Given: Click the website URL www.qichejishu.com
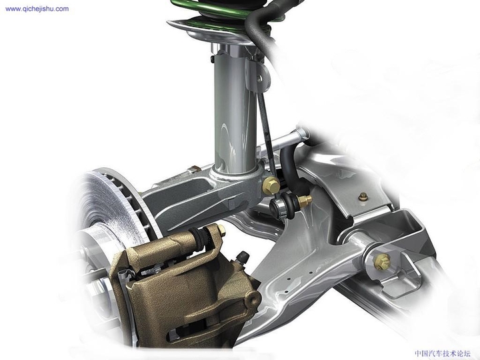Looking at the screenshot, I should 36,9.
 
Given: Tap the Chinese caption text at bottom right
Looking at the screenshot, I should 442,353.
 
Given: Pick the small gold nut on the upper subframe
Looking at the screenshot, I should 363,197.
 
